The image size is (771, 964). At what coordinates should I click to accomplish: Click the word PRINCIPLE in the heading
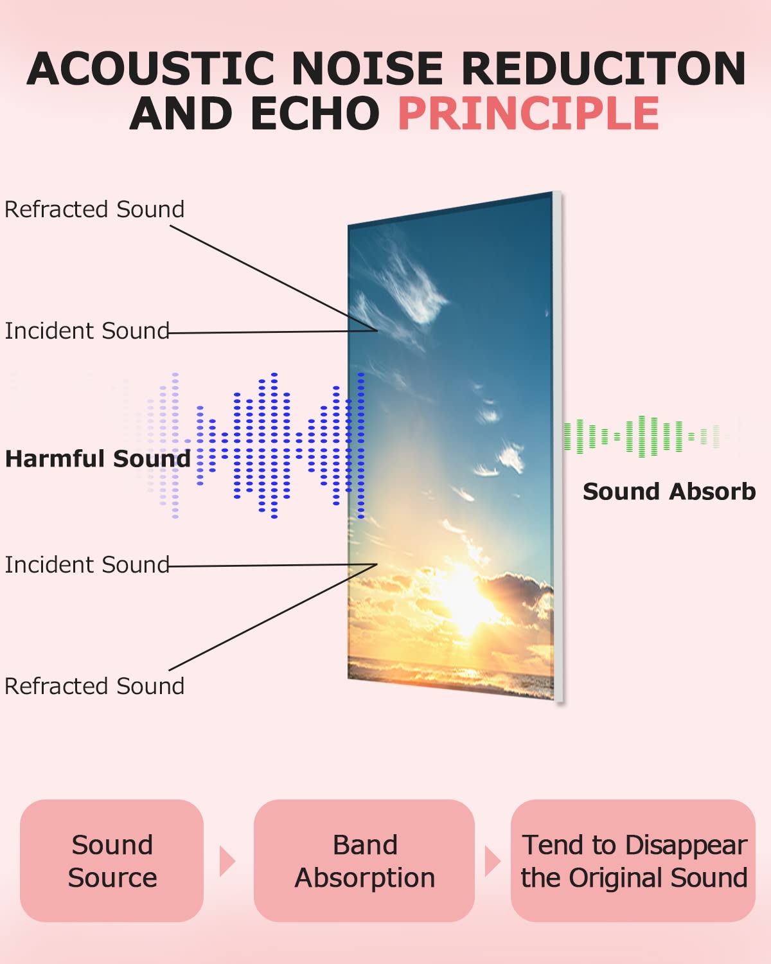528,114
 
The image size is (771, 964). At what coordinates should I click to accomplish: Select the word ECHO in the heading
315,114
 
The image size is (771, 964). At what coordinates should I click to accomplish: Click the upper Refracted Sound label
94,210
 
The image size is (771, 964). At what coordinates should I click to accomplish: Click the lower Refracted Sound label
94,686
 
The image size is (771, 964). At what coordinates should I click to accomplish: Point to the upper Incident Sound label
87,331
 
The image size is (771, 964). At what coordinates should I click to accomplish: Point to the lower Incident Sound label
87,565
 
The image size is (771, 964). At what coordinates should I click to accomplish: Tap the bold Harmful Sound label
98,459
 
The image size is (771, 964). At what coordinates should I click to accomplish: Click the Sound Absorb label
669,492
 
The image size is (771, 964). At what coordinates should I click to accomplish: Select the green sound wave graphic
642,436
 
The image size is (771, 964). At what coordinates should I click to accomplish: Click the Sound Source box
112,861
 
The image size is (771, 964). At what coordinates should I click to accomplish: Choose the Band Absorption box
364,861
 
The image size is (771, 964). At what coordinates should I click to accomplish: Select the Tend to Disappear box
634,861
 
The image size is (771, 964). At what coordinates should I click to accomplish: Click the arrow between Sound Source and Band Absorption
227,861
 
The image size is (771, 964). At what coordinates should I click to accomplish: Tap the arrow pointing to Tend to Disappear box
492,861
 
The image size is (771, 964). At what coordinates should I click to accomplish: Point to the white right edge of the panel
558,450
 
